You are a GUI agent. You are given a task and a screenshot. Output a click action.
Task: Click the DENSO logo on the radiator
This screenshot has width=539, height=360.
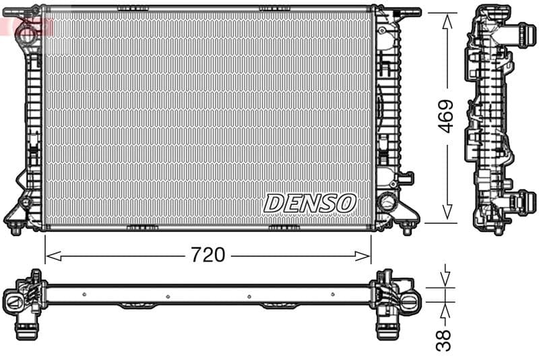[309, 202]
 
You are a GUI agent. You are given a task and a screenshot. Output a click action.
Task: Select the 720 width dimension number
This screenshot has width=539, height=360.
[208, 255]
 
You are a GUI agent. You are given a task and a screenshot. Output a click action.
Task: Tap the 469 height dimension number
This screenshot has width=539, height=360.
[445, 117]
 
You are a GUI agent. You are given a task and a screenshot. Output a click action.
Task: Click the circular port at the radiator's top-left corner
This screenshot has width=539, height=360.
[26, 30]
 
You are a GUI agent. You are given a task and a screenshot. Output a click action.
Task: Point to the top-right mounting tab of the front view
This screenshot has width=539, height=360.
[407, 12]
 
